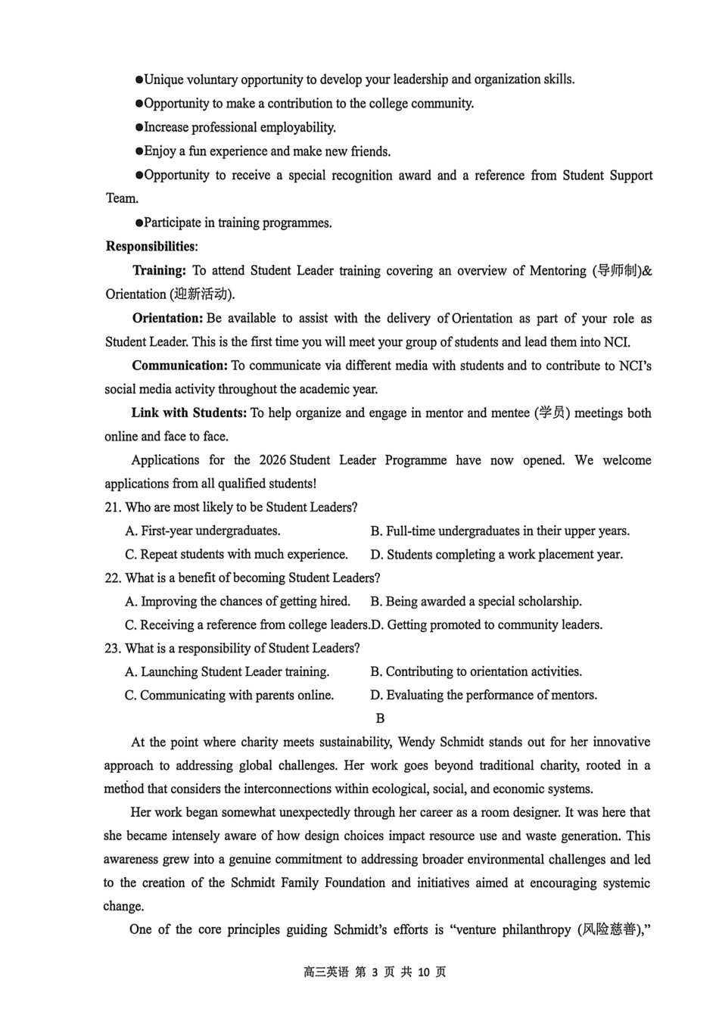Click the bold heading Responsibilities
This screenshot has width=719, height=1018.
tap(150, 247)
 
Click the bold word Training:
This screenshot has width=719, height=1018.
tap(159, 271)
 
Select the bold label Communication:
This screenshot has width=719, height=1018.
tap(179, 366)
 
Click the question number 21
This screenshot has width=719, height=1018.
tap(112, 507)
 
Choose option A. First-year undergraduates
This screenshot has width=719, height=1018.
tap(203, 531)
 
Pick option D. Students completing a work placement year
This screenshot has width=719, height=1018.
tap(496, 555)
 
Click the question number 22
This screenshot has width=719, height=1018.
tap(112, 578)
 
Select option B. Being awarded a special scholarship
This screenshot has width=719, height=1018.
tap(475, 602)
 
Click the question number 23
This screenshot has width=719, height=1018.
tap(112, 649)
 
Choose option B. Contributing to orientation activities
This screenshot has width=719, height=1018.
tap(475, 672)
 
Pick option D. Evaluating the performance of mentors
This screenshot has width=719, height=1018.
tap(483, 696)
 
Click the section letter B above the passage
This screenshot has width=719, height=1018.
tap(380, 718)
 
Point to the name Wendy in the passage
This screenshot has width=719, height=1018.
tap(416, 742)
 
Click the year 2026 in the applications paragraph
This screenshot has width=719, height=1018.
tap(272, 460)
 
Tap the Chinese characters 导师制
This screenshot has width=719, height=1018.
tap(618, 271)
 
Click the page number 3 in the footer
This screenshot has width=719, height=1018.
tap(375, 972)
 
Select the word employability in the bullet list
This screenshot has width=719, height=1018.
tap(296, 128)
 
